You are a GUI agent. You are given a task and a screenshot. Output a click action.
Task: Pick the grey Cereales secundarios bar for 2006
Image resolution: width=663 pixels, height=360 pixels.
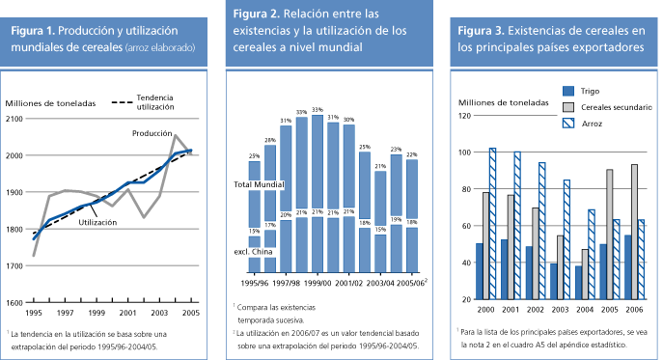pyautogui.click(x=633, y=232)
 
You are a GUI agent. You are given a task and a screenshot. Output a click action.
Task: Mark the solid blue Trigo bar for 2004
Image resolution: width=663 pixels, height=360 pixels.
pyautogui.click(x=578, y=282)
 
